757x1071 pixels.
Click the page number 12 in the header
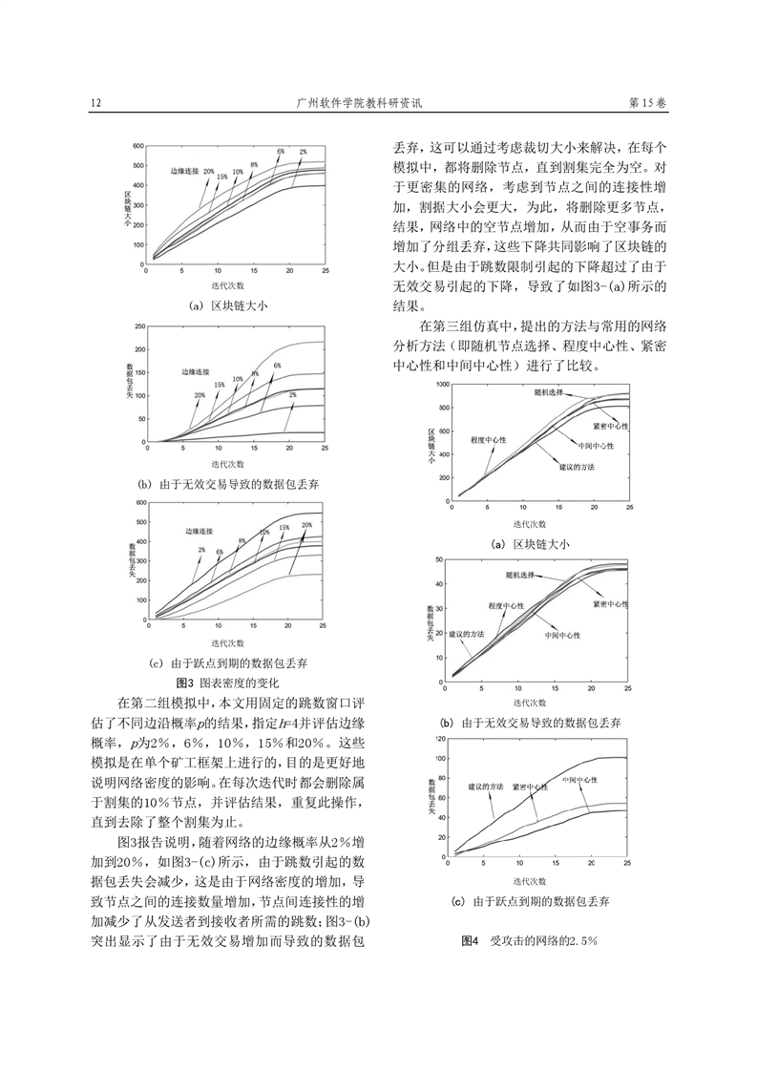(95, 103)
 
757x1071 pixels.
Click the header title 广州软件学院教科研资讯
(360, 103)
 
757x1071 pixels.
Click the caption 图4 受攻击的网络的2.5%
(530, 940)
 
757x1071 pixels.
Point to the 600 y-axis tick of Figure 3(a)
(137, 146)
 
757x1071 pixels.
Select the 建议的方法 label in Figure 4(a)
(576, 467)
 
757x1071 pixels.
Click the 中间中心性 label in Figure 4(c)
(579, 779)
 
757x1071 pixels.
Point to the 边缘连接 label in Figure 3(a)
(184, 171)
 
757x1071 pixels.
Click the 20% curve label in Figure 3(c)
(306, 525)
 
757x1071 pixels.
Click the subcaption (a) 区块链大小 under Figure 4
(530, 544)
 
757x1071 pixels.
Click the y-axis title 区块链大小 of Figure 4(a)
(431, 447)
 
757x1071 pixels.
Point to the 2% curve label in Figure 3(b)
(292, 395)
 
